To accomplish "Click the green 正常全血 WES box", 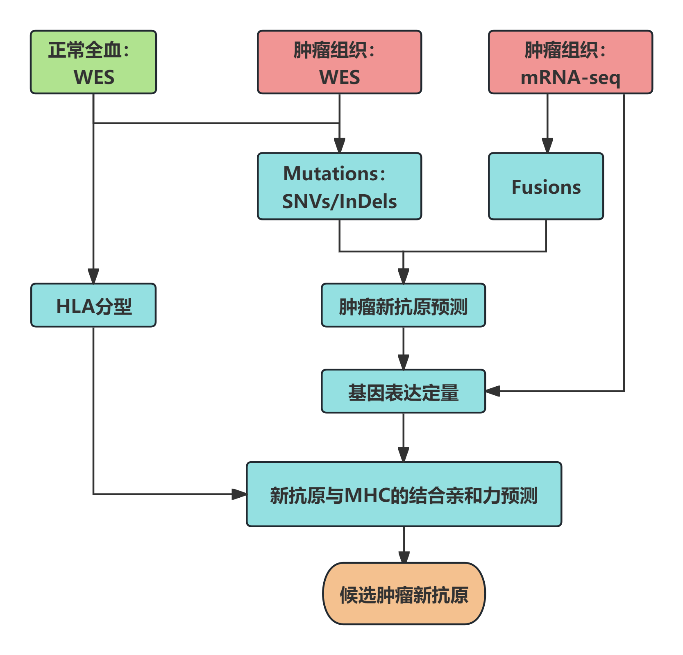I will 93,62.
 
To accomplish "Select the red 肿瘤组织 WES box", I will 339,62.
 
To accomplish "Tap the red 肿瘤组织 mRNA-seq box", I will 570,62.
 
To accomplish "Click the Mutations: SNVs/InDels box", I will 339,187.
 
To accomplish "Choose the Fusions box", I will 546,187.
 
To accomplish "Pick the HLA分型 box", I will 93,306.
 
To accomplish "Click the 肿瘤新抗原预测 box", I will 403,306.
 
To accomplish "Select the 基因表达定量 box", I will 403,392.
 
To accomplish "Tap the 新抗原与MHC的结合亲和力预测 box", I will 404,494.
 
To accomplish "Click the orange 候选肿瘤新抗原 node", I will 404,594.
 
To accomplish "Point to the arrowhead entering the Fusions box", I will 547,146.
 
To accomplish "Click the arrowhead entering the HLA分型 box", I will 93,276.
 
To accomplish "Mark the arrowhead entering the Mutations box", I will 339,146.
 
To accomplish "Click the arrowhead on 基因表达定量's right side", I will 493,391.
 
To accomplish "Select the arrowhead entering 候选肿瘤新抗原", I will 404,556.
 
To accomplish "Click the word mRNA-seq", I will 570,78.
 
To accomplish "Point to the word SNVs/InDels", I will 339,202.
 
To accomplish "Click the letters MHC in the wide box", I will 367,495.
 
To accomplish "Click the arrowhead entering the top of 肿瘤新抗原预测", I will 404,276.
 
